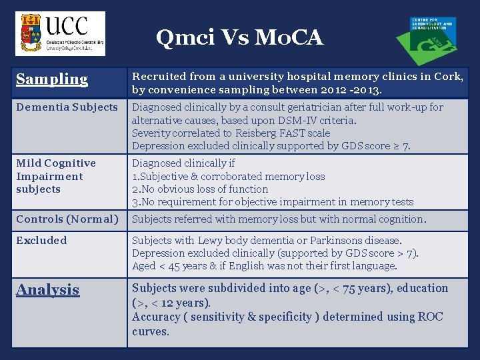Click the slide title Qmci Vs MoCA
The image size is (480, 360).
(239, 38)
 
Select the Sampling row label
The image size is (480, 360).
(52, 79)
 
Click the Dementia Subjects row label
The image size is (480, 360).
(67, 107)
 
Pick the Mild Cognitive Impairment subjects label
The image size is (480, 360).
(56, 176)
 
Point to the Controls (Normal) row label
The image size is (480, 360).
(67, 219)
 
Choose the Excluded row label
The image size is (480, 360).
(41, 241)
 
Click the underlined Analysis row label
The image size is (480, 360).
(47, 290)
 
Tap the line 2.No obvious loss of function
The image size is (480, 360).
(200, 189)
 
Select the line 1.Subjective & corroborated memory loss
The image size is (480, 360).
(228, 177)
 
